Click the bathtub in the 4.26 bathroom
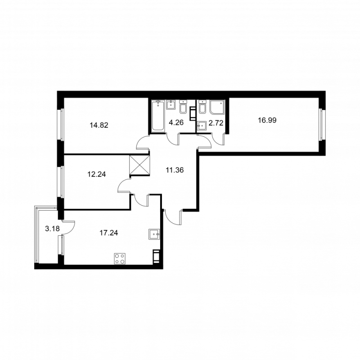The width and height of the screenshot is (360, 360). click(x=158, y=116)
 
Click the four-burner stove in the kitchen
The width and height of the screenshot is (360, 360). click(x=120, y=258)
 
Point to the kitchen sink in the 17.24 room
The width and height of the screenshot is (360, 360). click(x=154, y=234)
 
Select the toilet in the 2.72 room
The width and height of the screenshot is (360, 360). click(x=202, y=108)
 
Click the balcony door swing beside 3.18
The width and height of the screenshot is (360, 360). click(x=67, y=227)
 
